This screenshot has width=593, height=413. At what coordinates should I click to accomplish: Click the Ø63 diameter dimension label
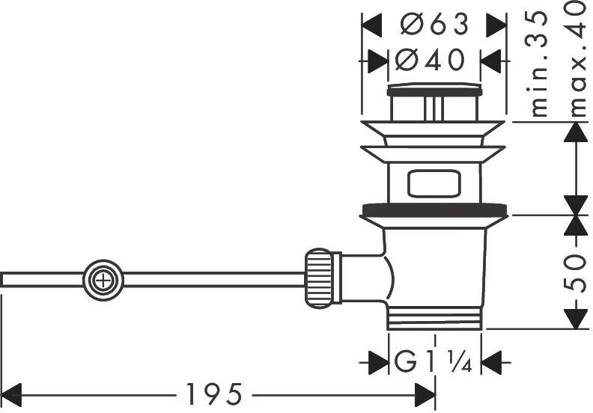pyautogui.click(x=434, y=25)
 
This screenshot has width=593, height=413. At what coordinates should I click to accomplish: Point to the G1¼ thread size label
pyautogui.click(x=434, y=363)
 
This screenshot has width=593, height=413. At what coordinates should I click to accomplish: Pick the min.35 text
pyautogui.click(x=538, y=64)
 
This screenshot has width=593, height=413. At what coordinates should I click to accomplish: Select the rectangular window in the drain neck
pyautogui.click(x=434, y=183)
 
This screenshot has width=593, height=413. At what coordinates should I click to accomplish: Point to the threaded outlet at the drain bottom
pyautogui.click(x=434, y=319)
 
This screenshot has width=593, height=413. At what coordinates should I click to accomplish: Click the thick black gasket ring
pyautogui.click(x=434, y=209)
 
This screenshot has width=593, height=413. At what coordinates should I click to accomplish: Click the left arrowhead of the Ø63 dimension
pyautogui.click(x=372, y=25)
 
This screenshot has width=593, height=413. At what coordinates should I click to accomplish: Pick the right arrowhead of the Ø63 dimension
pyautogui.click(x=496, y=25)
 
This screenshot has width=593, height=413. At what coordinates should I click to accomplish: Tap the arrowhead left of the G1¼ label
pyautogui.click(x=379, y=363)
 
